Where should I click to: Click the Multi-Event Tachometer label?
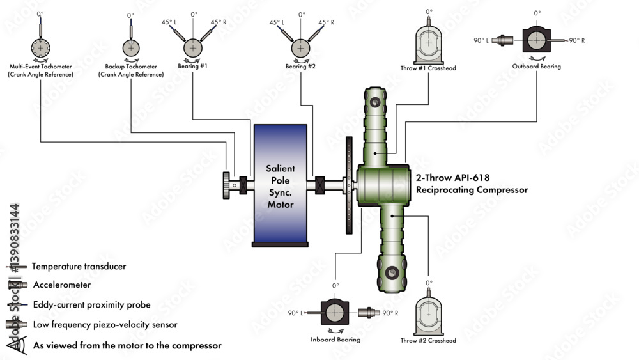(40, 70)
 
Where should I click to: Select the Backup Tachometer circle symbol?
(131, 48)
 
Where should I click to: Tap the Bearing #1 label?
(192, 66)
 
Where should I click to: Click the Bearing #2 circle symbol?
(300, 48)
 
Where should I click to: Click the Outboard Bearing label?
(537, 66)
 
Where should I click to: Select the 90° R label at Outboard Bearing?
(576, 40)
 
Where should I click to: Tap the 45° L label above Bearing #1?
(169, 22)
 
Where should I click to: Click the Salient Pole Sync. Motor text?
(281, 186)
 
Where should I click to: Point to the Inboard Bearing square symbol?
(335, 313)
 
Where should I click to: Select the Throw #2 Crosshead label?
(428, 341)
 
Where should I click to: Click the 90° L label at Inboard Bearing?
(295, 313)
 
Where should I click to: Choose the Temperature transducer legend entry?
(79, 266)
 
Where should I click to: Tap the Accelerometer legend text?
(62, 285)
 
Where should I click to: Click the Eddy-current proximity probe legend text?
(86, 305)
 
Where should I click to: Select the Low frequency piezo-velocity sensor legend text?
(105, 325)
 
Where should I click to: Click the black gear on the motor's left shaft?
(227, 185)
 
